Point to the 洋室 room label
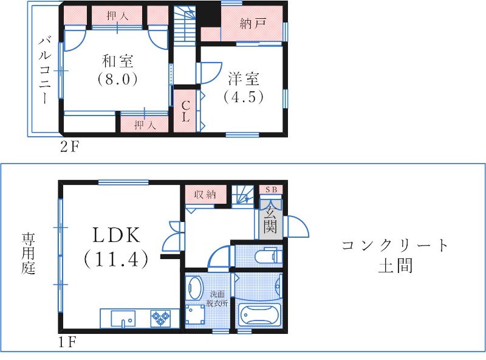click(x=244, y=79)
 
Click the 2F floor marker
click(x=69, y=146)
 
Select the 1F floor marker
click(x=67, y=342)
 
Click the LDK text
click(x=117, y=235)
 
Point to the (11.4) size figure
click(x=116, y=260)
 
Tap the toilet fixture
click(x=267, y=255)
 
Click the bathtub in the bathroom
click(x=260, y=316)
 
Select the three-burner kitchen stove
click(x=162, y=317)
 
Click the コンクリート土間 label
click(x=395, y=255)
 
